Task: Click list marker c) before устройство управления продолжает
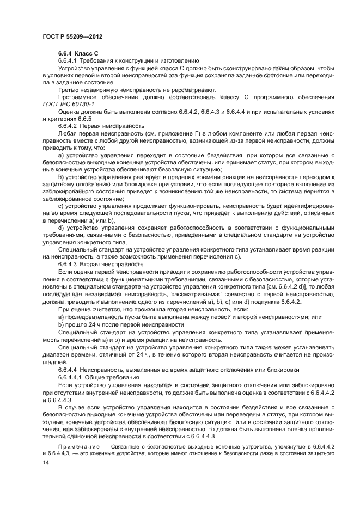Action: click(61, 206)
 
